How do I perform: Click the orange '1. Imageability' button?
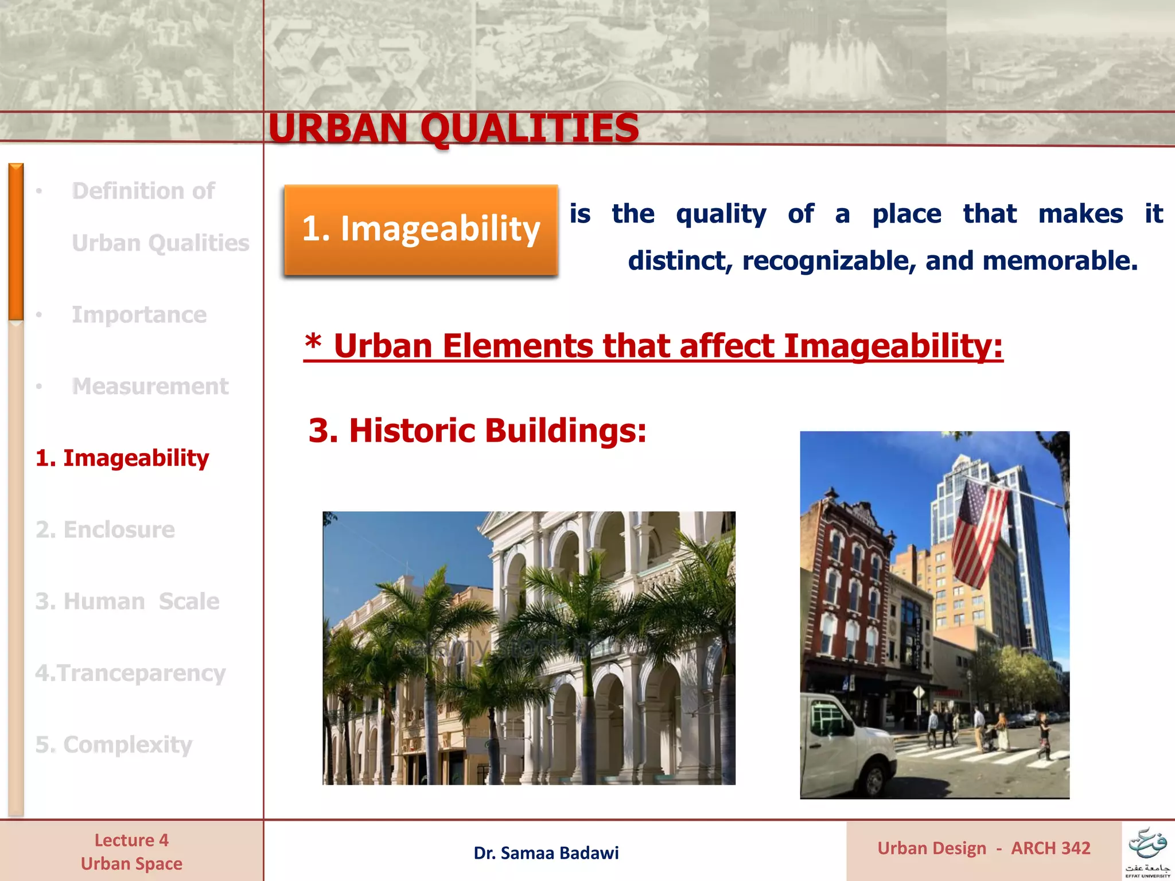point(421,229)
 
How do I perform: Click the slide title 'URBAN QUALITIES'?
point(453,128)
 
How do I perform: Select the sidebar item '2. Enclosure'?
point(105,529)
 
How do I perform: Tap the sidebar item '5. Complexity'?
point(114,744)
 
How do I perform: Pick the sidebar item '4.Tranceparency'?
point(130,673)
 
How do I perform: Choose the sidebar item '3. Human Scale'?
point(127,601)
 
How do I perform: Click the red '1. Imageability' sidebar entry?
point(122,458)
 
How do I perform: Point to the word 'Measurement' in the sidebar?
point(150,386)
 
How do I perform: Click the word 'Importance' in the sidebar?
point(139,314)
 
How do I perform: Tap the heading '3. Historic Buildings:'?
point(477,430)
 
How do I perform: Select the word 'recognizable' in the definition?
point(823,261)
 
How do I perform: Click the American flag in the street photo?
point(978,533)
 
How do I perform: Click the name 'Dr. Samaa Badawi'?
point(546,853)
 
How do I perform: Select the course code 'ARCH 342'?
point(1051,848)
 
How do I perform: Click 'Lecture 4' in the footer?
point(131,840)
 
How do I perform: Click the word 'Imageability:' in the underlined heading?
point(893,346)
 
